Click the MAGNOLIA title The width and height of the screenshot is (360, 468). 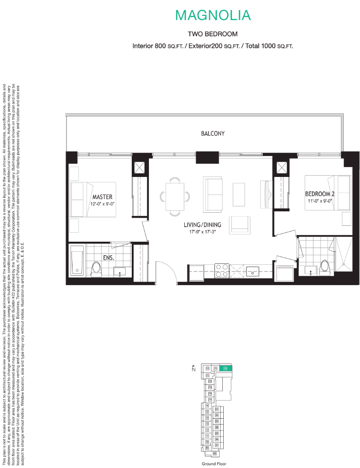pos(213,15)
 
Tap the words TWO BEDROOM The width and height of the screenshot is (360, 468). pos(212,34)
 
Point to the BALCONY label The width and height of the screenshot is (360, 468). pos(213,134)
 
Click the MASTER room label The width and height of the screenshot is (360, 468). pos(102,197)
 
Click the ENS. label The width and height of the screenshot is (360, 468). pos(108,258)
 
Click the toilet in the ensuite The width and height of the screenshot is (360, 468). pos(96,268)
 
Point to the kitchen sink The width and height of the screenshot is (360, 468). pos(252,271)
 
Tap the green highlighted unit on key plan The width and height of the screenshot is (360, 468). pos(227,369)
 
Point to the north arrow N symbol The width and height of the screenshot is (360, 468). pos(193,368)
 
